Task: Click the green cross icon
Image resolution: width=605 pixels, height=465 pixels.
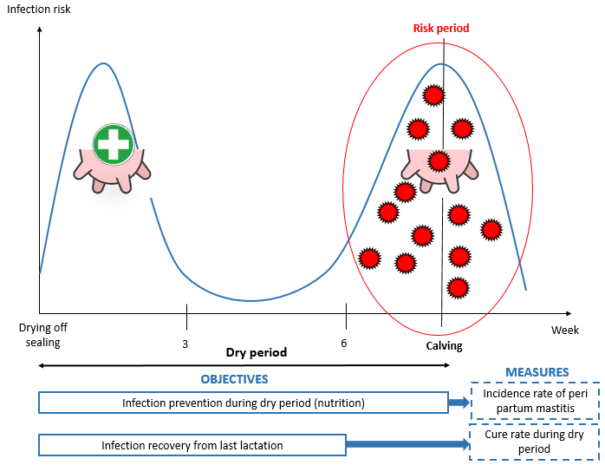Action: (x=114, y=144)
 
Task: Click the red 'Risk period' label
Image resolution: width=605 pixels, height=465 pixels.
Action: (x=441, y=28)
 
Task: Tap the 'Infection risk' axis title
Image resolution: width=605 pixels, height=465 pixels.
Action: (x=39, y=10)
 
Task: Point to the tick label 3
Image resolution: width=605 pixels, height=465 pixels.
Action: (x=185, y=344)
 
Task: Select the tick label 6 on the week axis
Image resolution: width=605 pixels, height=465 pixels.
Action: (x=344, y=343)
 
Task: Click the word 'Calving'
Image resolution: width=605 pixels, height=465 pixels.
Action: (x=444, y=345)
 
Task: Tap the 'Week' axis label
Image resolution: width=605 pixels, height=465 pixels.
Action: (x=565, y=331)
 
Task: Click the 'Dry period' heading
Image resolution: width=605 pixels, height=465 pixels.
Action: (x=257, y=352)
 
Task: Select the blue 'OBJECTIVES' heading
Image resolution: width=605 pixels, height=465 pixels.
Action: (x=234, y=379)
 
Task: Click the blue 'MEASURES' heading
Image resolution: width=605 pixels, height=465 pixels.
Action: (x=537, y=372)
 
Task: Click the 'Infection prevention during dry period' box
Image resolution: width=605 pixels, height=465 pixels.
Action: (x=244, y=403)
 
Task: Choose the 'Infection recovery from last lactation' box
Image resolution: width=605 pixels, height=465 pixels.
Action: (x=192, y=445)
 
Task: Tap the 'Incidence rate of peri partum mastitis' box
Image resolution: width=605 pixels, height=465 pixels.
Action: (x=535, y=401)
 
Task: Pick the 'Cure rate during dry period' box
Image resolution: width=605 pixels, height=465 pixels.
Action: (x=535, y=442)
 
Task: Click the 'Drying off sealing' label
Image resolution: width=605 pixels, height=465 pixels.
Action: (x=42, y=335)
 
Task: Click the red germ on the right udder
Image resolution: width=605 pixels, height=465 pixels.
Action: (x=439, y=160)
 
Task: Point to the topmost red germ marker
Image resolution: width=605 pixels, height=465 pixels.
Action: (x=433, y=95)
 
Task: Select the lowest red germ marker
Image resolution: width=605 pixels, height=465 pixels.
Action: (x=458, y=288)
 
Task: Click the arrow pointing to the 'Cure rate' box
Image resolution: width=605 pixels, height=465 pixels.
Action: (x=407, y=444)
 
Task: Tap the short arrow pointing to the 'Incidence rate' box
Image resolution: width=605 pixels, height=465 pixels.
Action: (x=459, y=403)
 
